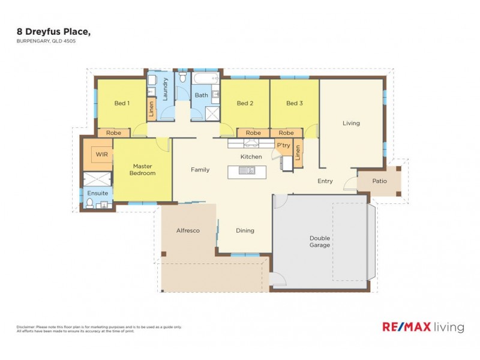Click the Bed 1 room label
[122, 103]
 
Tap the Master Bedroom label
[144, 170]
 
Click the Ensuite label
[98, 193]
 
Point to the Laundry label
[165, 89]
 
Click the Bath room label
[201, 95]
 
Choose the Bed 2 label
[245, 103]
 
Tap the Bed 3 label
[294, 103]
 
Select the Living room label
[351, 123]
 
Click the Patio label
[379, 181]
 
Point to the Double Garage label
[320, 241]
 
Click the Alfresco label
[188, 230]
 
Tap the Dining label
[245, 230]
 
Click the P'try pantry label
[283, 145]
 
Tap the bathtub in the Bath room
[206, 79]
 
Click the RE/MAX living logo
[423, 327]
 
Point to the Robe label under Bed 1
[113, 133]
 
